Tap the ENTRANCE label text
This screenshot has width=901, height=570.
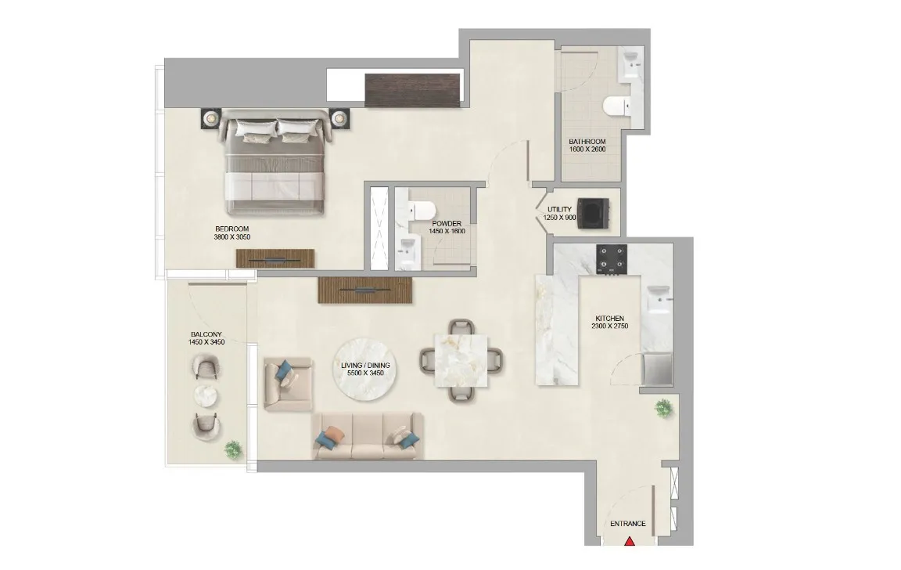coord(627,524)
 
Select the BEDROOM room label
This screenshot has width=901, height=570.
coord(232,228)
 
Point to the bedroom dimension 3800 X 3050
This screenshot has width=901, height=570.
coord(232,236)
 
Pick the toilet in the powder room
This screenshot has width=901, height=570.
coord(423,210)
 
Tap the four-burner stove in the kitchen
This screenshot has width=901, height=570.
coord(612,258)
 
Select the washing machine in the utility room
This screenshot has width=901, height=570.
coord(592,212)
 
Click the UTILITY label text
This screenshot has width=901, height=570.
coord(559,209)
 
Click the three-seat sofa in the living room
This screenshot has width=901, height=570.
coord(368,436)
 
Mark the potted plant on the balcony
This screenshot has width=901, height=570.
coord(232,449)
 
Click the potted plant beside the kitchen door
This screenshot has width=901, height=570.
coord(663,406)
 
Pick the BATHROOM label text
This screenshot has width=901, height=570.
coord(587,142)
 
